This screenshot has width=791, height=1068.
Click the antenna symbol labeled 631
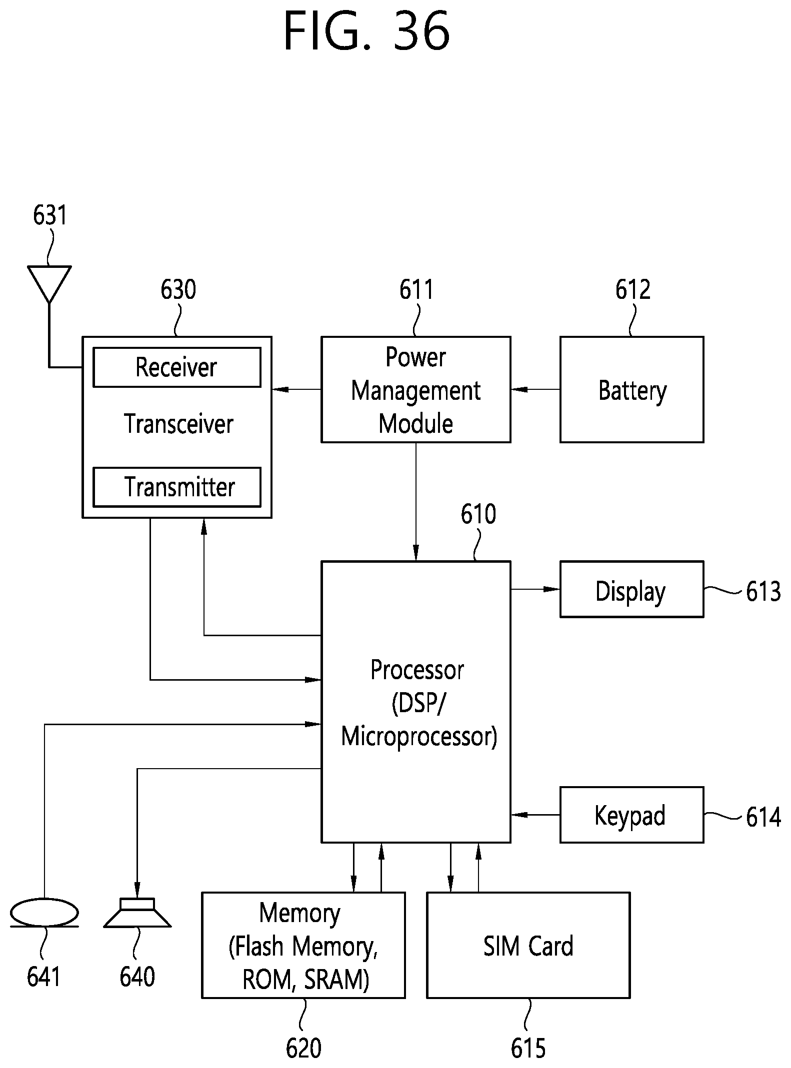tap(49, 283)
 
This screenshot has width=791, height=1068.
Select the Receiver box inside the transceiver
tap(176, 367)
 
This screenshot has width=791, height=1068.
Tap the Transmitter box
tap(176, 487)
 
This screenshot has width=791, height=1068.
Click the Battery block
tap(631, 389)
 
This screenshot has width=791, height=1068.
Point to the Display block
tap(631, 589)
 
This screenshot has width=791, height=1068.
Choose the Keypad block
tap(631, 815)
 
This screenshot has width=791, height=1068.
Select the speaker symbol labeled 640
tap(137, 913)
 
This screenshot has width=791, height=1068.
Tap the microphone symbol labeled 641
tap(44, 913)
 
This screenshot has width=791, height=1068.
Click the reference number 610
tap(478, 514)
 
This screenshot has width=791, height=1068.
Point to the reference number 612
tap(632, 290)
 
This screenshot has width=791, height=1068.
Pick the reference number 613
tap(763, 592)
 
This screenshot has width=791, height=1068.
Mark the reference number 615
tap(528, 1048)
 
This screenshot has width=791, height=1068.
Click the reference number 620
tap(303, 1048)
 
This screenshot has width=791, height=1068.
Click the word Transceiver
tap(178, 424)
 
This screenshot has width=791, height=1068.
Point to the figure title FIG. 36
tap(366, 31)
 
